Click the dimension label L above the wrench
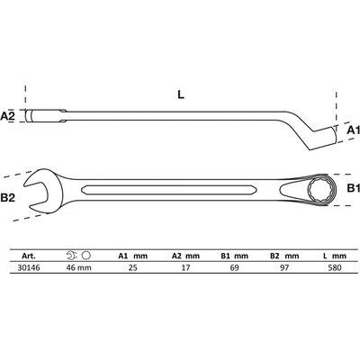tap(181, 94)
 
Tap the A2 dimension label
tap(7, 116)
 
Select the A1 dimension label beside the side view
tap(353, 130)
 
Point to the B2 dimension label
tap(8, 198)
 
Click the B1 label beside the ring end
tap(353, 188)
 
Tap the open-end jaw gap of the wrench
tap(35, 193)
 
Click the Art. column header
tap(29, 256)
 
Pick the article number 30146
tap(29, 267)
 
